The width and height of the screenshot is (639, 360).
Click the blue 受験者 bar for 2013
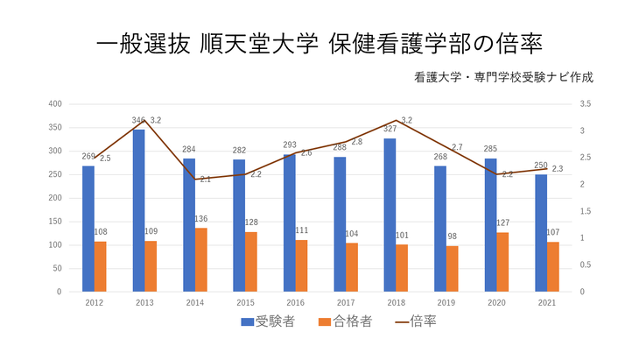pos(138,210)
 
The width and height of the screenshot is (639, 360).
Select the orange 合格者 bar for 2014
pos(200,259)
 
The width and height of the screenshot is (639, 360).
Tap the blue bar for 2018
pos(390,215)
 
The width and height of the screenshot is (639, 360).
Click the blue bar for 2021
pos(540,233)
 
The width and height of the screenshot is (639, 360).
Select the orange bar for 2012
pos(100,266)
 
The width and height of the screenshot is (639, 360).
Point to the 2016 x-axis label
pos(295,303)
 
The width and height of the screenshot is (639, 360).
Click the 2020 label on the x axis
pos(495,303)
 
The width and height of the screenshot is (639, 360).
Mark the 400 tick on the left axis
pos(55,104)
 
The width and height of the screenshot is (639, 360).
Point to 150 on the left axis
pos(55,222)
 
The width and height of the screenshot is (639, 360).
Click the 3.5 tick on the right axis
pos(586,104)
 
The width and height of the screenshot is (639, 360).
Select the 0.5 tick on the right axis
pos(586,265)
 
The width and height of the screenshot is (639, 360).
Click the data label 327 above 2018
pos(390,130)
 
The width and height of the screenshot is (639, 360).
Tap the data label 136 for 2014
pos(200,219)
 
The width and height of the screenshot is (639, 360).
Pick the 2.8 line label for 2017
pos(356,142)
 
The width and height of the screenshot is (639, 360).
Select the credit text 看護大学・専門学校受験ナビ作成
pos(506,77)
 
